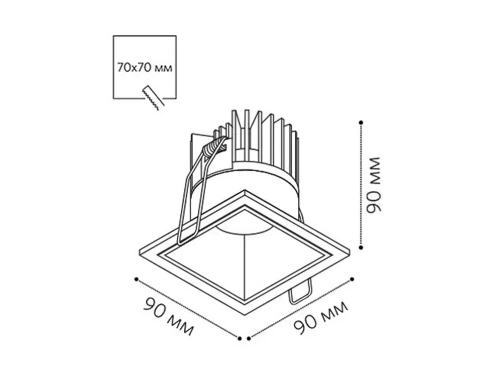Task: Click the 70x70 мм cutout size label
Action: (144, 67)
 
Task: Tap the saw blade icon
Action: (153, 98)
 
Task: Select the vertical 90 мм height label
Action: (373, 185)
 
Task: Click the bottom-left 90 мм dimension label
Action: (169, 316)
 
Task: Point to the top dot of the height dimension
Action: (361, 123)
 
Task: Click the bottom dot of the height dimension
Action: (361, 247)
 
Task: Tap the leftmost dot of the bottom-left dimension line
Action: (136, 279)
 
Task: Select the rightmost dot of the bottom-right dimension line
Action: (352, 279)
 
